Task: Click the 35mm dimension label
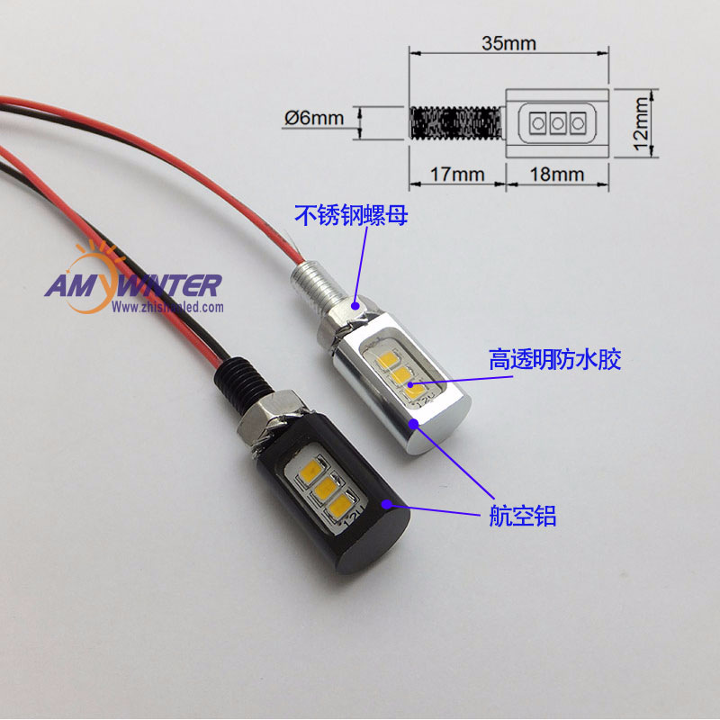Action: click(x=508, y=41)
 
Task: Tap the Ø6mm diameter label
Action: click(x=314, y=118)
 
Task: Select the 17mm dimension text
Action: click(x=457, y=174)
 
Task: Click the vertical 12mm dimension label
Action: click(x=641, y=121)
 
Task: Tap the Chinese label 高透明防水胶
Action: click(x=555, y=360)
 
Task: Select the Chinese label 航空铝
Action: click(x=522, y=516)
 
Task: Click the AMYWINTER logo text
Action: click(x=132, y=286)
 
